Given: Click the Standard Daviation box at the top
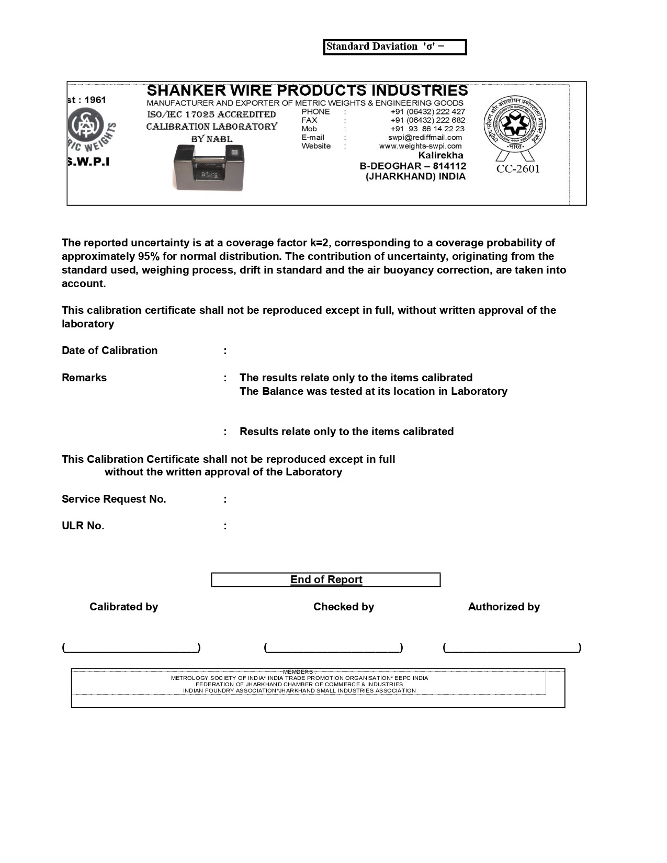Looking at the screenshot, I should pos(394,47).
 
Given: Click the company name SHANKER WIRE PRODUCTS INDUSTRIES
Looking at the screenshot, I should pos(307,90).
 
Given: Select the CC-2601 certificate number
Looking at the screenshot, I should pos(518,169).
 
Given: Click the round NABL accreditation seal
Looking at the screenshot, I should pos(514,124).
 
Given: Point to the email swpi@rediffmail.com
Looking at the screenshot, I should pos(425,138).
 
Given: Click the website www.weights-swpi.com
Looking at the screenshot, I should pos(420,146).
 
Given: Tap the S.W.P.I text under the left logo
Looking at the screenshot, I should pos(88,162).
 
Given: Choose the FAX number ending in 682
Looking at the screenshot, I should pos(427,120).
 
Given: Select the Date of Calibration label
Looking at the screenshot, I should pos(109,350).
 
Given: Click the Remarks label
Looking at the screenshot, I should pos(84,378).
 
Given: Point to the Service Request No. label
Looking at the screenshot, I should pos(114,499).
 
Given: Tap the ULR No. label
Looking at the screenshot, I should pos(83,526).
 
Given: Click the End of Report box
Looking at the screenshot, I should pos(326,580).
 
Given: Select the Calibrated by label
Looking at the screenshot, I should pos(123,607).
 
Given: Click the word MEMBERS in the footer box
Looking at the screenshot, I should pos(298,672).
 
